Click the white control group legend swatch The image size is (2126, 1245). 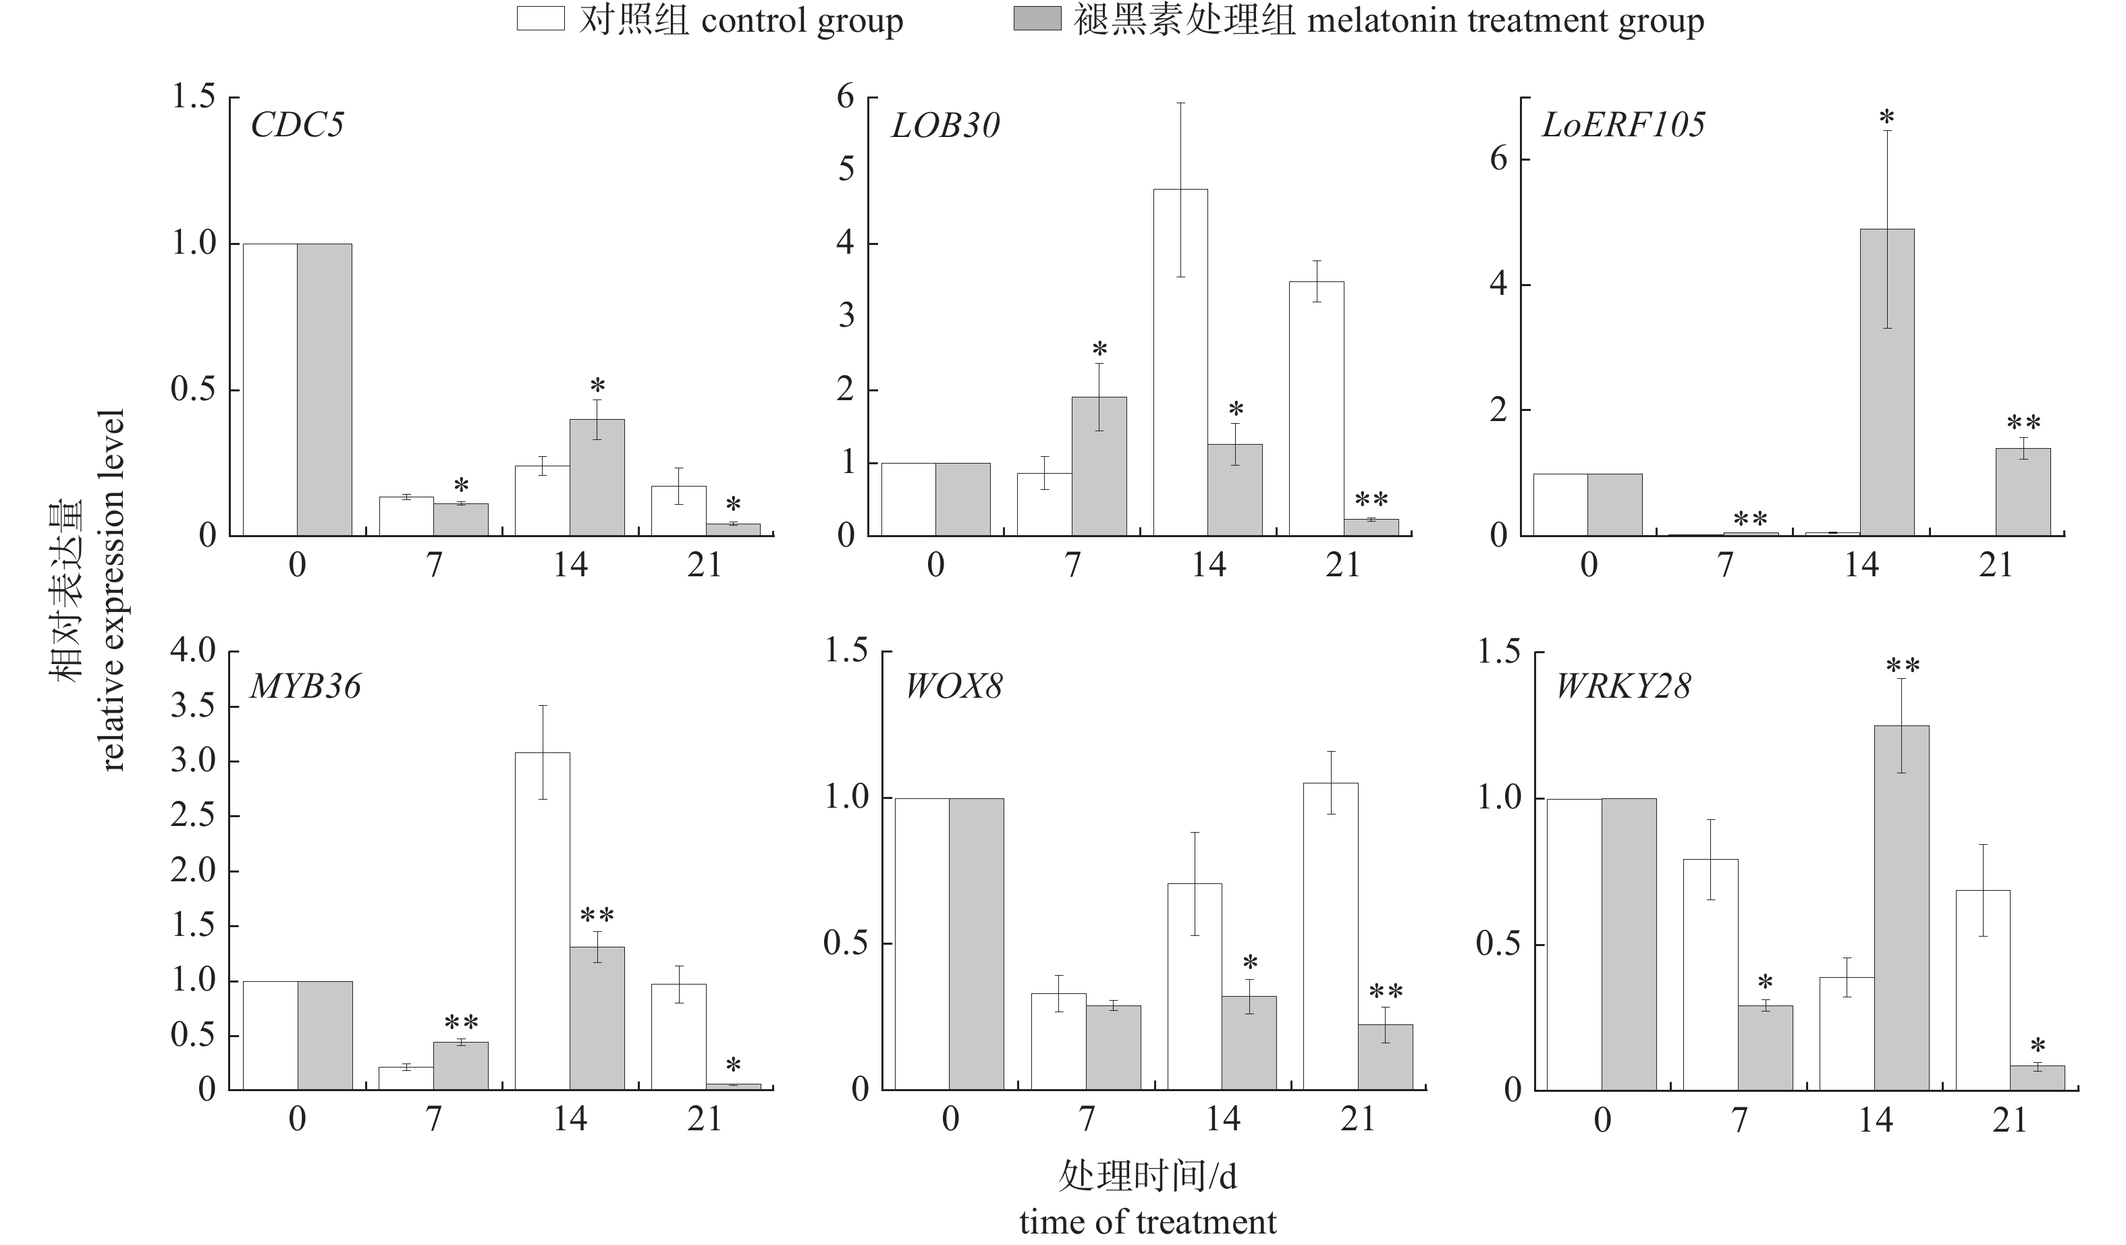pos(540,19)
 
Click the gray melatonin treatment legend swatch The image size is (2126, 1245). pos(1037,19)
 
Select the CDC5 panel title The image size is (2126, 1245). pos(297,125)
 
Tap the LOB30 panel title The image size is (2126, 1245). pos(945,126)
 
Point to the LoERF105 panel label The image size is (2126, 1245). pos(1623,125)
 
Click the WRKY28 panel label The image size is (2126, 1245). pos(1623,687)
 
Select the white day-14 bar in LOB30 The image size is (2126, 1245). pos(1180,363)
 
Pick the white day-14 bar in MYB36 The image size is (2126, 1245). pos(543,921)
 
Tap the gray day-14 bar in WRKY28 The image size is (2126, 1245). pos(1902,908)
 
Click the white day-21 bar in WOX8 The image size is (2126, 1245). pos(1330,937)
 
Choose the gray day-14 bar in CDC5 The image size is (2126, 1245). pos(597,478)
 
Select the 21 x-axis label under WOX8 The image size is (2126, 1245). pos(1357,1119)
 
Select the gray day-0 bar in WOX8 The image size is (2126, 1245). pos(976,944)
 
